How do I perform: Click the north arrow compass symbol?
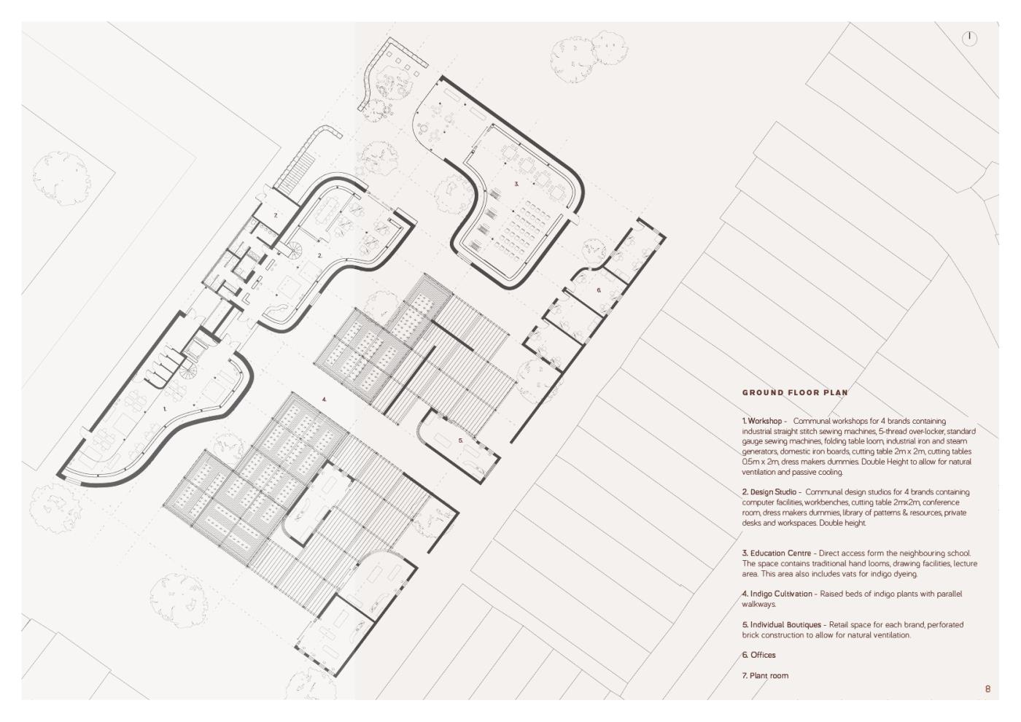(969, 38)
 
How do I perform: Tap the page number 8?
(987, 688)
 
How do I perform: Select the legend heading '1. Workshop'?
(761, 422)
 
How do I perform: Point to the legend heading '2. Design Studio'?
(769, 492)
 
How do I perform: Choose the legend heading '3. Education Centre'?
(776, 554)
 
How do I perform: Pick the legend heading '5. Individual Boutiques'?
(782, 624)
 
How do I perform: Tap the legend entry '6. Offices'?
(759, 655)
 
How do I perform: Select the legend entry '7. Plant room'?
(765, 675)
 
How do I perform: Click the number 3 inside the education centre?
(516, 184)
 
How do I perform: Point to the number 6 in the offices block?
(599, 290)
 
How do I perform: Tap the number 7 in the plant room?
(276, 214)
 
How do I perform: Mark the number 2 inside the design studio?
(319, 256)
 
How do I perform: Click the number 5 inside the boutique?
(460, 440)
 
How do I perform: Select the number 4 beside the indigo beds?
(324, 400)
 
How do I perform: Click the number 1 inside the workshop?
(165, 409)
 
